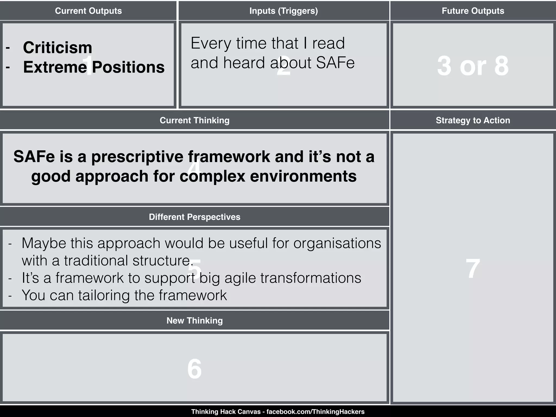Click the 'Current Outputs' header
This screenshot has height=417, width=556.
[x=88, y=11]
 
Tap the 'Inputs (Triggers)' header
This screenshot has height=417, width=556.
[x=283, y=11]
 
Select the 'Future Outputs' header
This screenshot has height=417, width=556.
[x=473, y=11]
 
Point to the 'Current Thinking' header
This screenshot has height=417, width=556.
[x=194, y=120]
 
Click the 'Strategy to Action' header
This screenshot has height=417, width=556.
[x=473, y=120]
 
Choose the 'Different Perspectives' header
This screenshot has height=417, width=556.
[x=194, y=217]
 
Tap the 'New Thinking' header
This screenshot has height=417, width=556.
[x=194, y=321]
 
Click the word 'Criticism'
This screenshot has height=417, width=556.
[x=58, y=48]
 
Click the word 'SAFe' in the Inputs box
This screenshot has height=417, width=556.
[x=335, y=63]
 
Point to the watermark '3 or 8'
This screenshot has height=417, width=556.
[x=473, y=66]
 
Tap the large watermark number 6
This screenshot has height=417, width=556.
[x=194, y=369]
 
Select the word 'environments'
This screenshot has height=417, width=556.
[x=303, y=176]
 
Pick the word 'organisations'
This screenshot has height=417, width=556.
[x=337, y=243]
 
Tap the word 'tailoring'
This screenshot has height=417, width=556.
[x=104, y=295]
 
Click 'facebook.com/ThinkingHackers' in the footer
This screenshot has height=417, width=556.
[x=315, y=412]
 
